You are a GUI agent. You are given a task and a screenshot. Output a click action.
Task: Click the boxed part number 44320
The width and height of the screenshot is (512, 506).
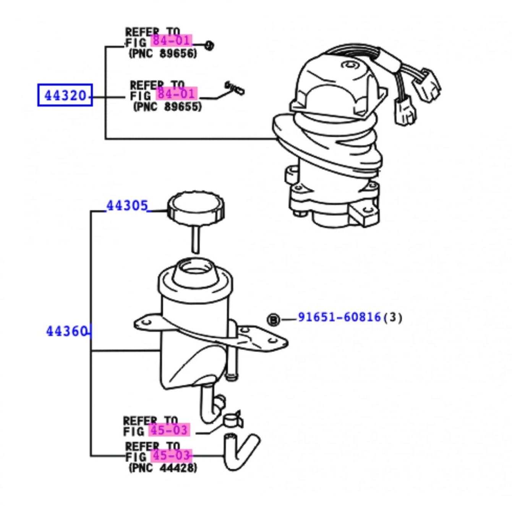point(65,95)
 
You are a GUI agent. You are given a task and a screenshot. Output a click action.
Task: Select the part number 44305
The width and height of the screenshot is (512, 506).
point(127,206)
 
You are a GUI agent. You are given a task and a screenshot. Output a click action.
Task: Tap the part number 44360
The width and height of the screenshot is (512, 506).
point(67,331)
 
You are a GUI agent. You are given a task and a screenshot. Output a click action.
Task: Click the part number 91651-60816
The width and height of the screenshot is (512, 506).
point(339,317)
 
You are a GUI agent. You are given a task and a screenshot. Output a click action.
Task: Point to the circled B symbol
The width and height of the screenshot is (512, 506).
point(273,320)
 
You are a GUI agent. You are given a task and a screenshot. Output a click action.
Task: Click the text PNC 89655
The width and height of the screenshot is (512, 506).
point(167,106)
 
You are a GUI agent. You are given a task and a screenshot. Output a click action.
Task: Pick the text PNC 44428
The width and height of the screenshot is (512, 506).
point(163,467)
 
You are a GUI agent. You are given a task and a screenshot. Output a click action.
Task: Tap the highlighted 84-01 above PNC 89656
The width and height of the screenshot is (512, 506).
point(172,40)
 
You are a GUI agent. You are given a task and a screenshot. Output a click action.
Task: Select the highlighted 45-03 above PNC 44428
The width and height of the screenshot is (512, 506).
point(171,455)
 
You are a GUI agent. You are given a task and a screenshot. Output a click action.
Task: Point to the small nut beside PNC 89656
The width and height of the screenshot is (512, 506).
point(209,46)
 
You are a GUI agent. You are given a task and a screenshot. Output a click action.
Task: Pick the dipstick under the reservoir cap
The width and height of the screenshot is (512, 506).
point(195,239)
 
